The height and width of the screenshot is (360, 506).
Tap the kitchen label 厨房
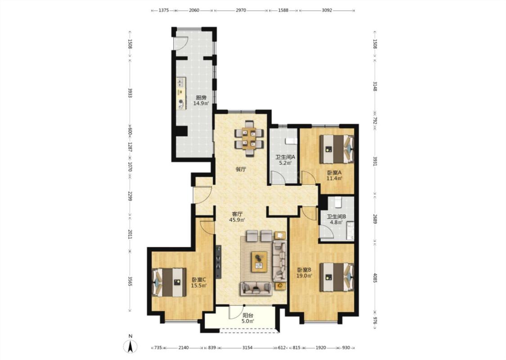[201, 98]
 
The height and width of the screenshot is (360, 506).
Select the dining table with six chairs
[249, 138]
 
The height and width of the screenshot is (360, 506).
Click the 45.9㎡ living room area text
[237, 220]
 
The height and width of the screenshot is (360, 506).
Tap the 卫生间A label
[285, 157]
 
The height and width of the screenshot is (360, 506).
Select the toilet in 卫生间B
[338, 202]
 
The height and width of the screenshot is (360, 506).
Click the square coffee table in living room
[259, 261]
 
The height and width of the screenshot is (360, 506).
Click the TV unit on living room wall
[219, 261]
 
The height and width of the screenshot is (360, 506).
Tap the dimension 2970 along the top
[241, 10]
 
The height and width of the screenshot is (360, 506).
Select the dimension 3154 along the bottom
[247, 348]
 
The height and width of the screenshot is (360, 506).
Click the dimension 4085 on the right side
[375, 278]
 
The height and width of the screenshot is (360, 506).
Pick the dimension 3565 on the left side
[130, 281]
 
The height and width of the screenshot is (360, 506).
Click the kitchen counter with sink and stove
[181, 93]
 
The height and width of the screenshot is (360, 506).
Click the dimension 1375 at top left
[164, 10]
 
